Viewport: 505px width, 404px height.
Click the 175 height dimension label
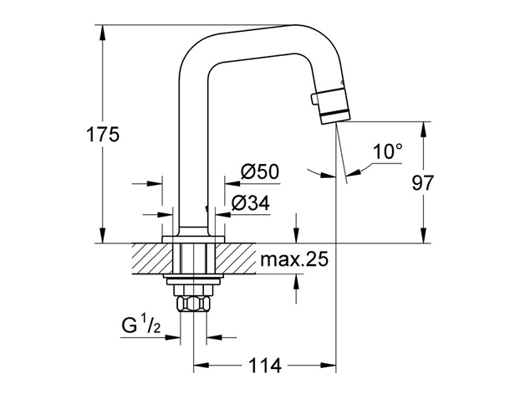point(103,135)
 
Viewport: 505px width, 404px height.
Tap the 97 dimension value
point(423,182)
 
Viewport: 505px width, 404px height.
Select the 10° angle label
point(388,151)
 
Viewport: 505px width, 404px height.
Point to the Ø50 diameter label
point(259,171)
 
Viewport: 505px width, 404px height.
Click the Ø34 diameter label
point(251,203)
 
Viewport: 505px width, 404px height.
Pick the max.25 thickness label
point(294,259)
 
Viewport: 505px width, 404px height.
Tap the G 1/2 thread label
point(140,325)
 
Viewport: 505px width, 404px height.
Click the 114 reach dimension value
point(265,366)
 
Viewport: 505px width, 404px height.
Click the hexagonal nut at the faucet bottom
point(193,304)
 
